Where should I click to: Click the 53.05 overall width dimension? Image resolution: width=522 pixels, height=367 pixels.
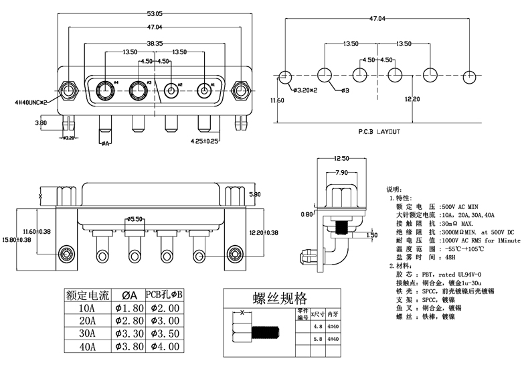pyautogui.click(x=155, y=13)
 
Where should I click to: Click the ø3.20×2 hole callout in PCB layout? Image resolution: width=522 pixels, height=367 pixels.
pyautogui.click(x=304, y=89)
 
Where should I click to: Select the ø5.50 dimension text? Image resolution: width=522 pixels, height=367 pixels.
pyautogui.click(x=137, y=219)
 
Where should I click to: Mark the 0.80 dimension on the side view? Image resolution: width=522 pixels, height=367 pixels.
pyautogui.click(x=307, y=214)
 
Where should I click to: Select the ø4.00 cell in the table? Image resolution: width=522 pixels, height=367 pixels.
pyautogui.click(x=165, y=346)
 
